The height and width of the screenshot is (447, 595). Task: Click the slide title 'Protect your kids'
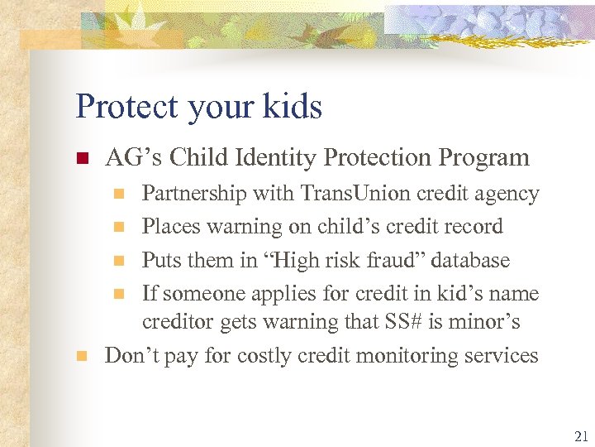(x=198, y=107)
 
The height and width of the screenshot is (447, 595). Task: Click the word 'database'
(x=471, y=260)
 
